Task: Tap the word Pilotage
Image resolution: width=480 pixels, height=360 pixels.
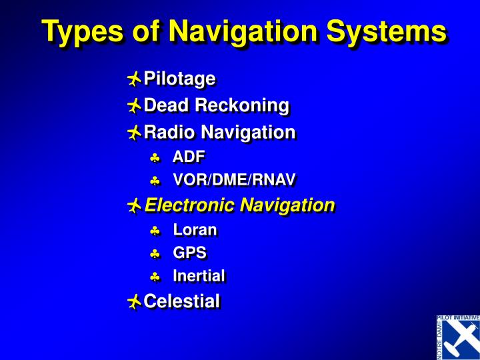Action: (179, 79)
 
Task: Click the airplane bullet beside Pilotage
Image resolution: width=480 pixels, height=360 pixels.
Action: (134, 80)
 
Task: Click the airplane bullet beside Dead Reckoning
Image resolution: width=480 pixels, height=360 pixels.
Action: (134, 106)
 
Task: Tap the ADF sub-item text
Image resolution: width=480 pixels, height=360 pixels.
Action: (189, 157)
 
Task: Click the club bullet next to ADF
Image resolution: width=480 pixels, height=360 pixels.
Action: (155, 158)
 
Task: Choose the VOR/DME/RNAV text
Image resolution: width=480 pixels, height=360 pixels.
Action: (234, 180)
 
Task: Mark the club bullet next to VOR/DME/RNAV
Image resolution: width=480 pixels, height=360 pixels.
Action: (155, 181)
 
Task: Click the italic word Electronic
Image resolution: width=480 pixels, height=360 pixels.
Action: (190, 205)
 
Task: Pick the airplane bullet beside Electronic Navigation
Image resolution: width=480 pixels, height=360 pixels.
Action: (134, 206)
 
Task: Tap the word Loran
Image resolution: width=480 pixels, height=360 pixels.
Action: (195, 230)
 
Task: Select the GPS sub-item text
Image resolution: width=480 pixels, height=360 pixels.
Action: (189, 253)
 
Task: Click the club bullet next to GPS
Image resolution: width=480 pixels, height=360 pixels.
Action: (155, 254)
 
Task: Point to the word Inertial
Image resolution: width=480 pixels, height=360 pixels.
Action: (199, 276)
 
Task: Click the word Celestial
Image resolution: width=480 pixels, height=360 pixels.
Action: (181, 301)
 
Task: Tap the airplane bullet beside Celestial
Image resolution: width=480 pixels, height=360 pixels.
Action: (134, 302)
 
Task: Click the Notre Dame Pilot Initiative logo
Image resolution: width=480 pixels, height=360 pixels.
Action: (458, 337)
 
